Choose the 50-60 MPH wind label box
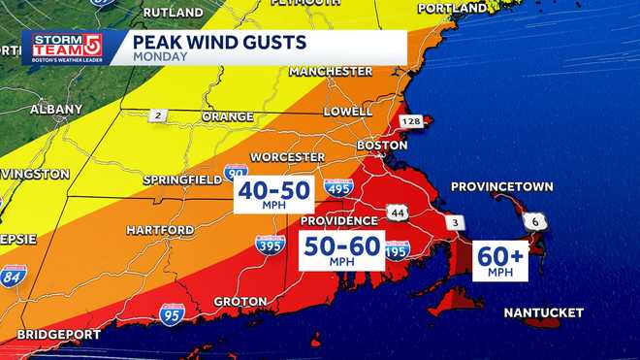pyautogui.click(x=341, y=250)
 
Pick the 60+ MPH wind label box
pyautogui.click(x=500, y=261)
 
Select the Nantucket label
pyautogui.click(x=543, y=312)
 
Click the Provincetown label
pyautogui.click(x=501, y=186)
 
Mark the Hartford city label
pyautogui.click(x=160, y=231)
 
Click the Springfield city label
pyautogui.click(x=177, y=180)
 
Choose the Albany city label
pyautogui.click(x=56, y=110)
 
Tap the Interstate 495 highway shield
pyautogui.click(x=338, y=188)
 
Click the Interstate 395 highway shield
pyautogui.click(x=271, y=246)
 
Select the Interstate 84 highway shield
pyautogui.click(x=14, y=276)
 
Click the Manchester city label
pyautogui.click(x=331, y=72)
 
